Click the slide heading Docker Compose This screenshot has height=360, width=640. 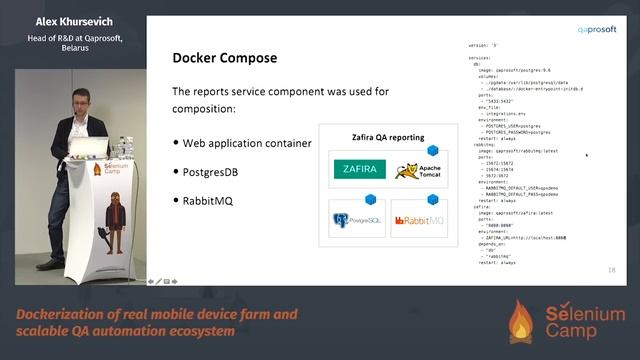tap(225, 59)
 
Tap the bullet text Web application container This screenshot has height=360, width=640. tap(247, 143)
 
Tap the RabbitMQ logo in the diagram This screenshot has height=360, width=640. tap(417, 220)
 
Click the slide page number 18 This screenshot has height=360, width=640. tap(611, 270)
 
